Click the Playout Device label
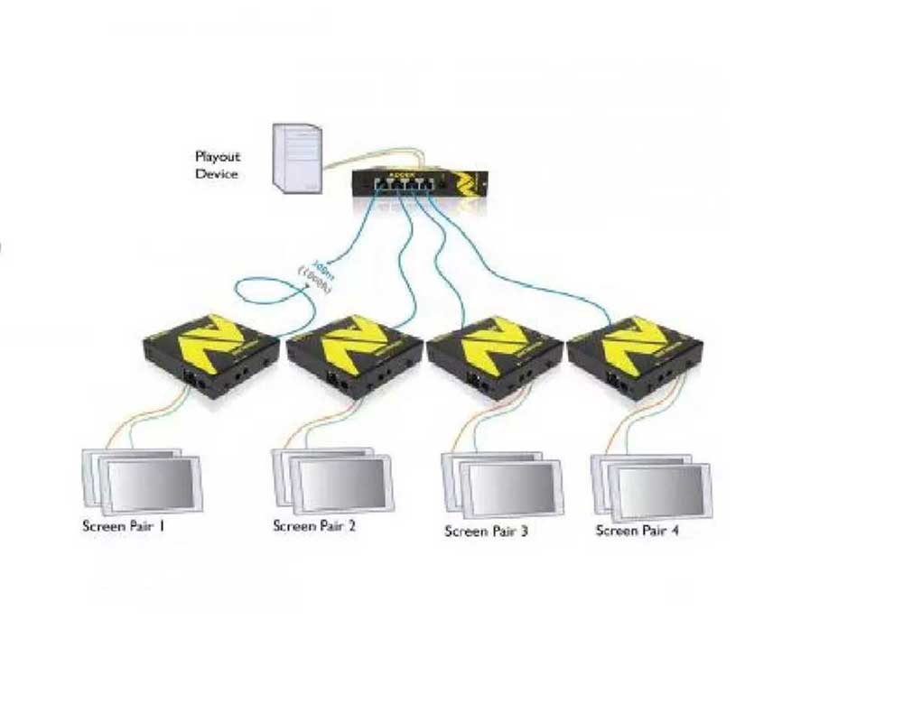click(x=218, y=165)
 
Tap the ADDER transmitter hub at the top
click(x=418, y=184)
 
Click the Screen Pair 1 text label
click(x=124, y=525)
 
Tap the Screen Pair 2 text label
click(x=314, y=525)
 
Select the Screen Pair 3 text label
click(x=486, y=531)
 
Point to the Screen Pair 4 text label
click(x=638, y=531)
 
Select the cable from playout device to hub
click(x=348, y=159)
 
